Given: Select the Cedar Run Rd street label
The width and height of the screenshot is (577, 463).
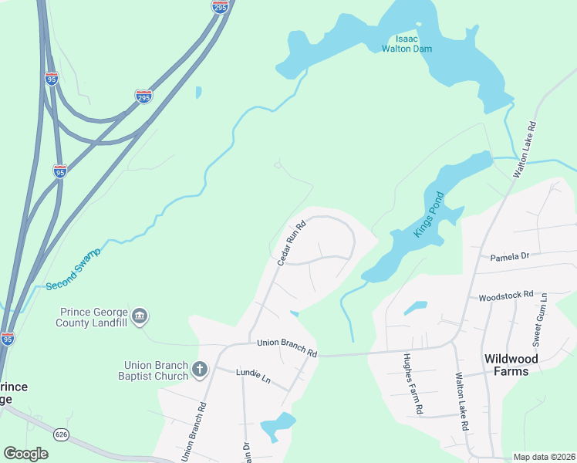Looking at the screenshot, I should pyautogui.click(x=292, y=243).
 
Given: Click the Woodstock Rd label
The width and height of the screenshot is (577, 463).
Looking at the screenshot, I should pyautogui.click(x=506, y=296).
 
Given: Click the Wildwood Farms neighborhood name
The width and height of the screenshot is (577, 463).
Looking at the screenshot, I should pyautogui.click(x=517, y=365).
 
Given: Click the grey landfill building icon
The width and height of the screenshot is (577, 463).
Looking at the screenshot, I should pyautogui.click(x=140, y=316).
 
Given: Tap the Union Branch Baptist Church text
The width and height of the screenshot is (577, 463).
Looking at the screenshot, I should pyautogui.click(x=157, y=370).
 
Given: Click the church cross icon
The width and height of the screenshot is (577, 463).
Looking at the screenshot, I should pyautogui.click(x=200, y=370).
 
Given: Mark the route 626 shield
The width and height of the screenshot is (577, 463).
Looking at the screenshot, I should pyautogui.click(x=62, y=434).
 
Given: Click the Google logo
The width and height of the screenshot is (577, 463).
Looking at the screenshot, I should pyautogui.click(x=26, y=454).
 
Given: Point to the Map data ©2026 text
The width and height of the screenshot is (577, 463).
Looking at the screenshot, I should pyautogui.click(x=543, y=457).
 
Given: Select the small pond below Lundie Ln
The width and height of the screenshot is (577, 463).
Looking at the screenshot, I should pyautogui.click(x=278, y=425).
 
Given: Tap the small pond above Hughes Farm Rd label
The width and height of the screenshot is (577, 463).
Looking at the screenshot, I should pyautogui.click(x=416, y=308).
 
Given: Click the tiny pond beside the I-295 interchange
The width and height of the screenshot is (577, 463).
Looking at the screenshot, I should pyautogui.click(x=199, y=93).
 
